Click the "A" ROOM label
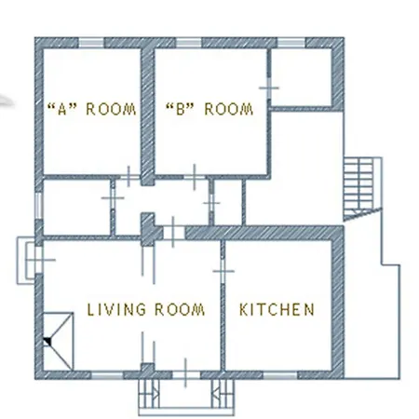click(x=91, y=109)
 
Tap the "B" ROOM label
click(x=209, y=109)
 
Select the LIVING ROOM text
click(x=146, y=310)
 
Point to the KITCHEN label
click(x=277, y=310)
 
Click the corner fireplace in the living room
click(x=58, y=342)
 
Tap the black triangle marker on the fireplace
click(x=47, y=342)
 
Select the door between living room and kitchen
click(x=223, y=271)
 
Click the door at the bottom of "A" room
click(x=129, y=177)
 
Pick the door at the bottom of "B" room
click(x=195, y=177)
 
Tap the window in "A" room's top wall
click(x=90, y=43)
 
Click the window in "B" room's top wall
click(x=189, y=43)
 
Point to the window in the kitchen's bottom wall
click(x=280, y=375)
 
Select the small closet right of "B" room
click(x=301, y=77)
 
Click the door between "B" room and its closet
click(x=269, y=88)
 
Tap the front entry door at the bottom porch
click(x=185, y=375)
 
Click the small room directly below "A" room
click(x=76, y=208)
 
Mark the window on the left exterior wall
click(x=39, y=206)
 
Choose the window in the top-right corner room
click(x=291, y=43)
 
